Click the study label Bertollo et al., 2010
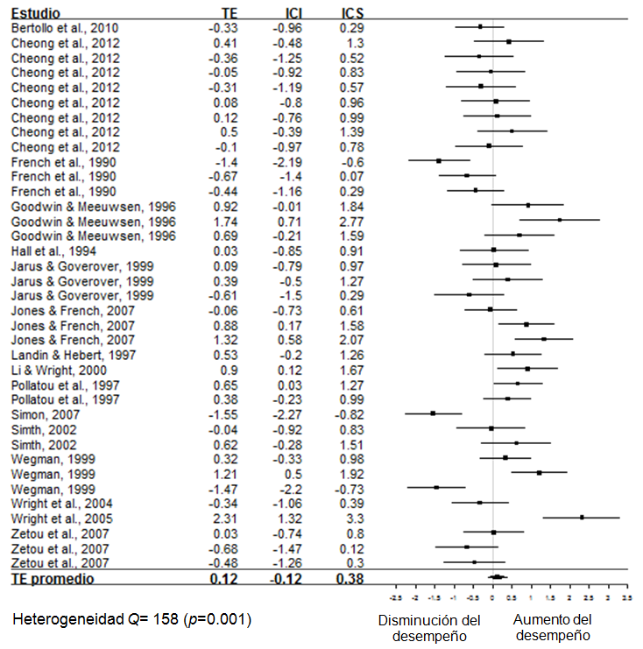point(64,28)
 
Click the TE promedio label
point(52,578)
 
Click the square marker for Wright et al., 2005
point(582,518)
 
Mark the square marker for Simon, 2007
point(433,413)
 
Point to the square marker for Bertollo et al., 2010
point(480,27)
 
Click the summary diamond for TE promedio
point(498,576)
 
